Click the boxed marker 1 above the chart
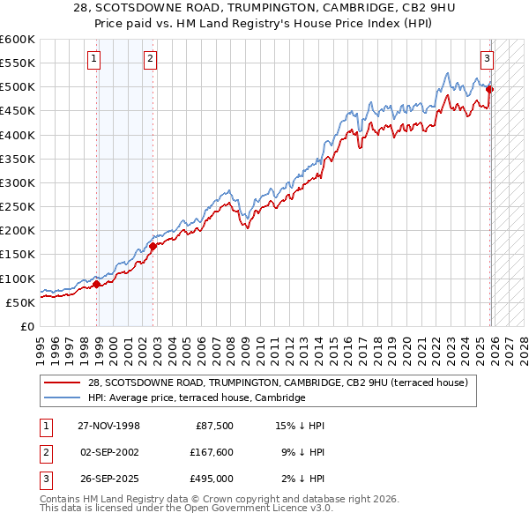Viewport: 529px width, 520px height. click(93, 59)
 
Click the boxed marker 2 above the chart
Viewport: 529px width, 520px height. click(150, 59)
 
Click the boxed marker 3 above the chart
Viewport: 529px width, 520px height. click(487, 59)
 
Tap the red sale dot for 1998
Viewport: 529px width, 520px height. click(97, 284)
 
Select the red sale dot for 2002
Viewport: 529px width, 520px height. click(153, 246)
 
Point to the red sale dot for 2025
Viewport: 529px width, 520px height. click(490, 89)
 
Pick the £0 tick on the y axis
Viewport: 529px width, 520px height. click(29, 326)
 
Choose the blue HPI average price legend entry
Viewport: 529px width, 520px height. click(196, 397)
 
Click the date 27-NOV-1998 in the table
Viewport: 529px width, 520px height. click(108, 426)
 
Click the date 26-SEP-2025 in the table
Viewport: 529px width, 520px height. click(108, 479)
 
